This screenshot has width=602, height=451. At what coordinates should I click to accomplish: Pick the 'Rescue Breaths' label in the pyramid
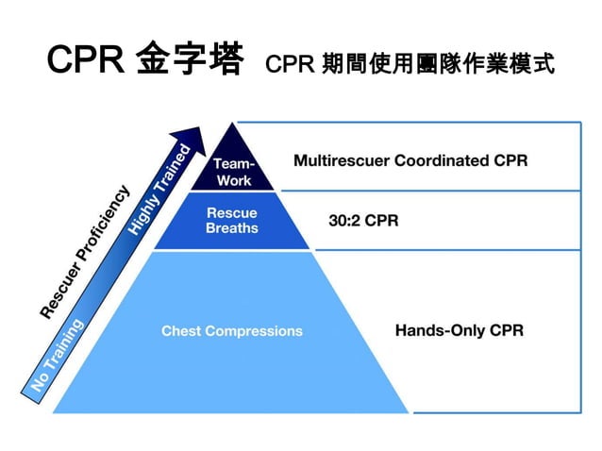tap(231, 220)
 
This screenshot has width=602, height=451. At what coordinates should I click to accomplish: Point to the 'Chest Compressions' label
tap(232, 331)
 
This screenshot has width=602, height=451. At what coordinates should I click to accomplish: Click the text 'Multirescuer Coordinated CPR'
tap(410, 160)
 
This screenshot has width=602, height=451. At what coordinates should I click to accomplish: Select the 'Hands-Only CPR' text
tap(458, 331)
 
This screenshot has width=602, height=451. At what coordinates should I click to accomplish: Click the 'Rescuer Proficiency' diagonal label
tap(85, 251)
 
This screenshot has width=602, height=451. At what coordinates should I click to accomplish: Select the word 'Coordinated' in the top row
tap(438, 160)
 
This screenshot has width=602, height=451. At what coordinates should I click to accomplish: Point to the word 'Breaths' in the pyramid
tap(231, 227)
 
